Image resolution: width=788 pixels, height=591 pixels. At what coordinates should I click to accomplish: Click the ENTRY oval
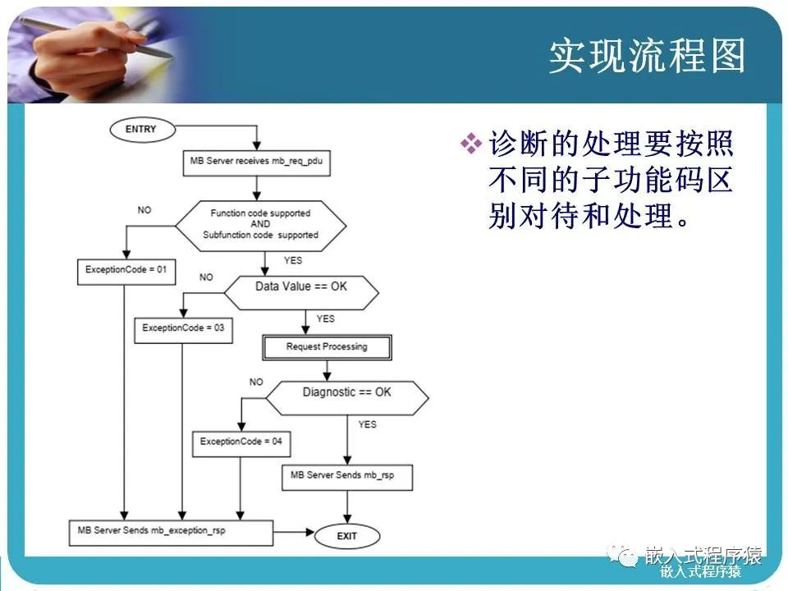(x=140, y=129)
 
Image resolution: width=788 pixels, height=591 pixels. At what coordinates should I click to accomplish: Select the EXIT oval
(x=347, y=536)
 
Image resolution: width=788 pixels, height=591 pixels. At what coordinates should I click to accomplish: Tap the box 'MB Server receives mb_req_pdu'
(x=256, y=161)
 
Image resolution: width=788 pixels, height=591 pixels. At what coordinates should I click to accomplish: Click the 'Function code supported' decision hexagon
(x=260, y=224)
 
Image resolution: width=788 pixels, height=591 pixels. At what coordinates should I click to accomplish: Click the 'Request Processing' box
(x=327, y=347)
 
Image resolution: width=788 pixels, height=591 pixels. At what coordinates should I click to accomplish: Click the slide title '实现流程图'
(x=647, y=57)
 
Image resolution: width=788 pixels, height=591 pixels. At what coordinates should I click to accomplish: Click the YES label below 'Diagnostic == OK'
(x=367, y=424)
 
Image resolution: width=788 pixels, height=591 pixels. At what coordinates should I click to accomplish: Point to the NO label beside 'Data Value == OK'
(x=206, y=277)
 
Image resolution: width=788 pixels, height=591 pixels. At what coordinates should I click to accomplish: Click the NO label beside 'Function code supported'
(x=144, y=210)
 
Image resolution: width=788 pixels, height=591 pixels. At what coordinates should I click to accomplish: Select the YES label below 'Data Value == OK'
(x=325, y=318)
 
